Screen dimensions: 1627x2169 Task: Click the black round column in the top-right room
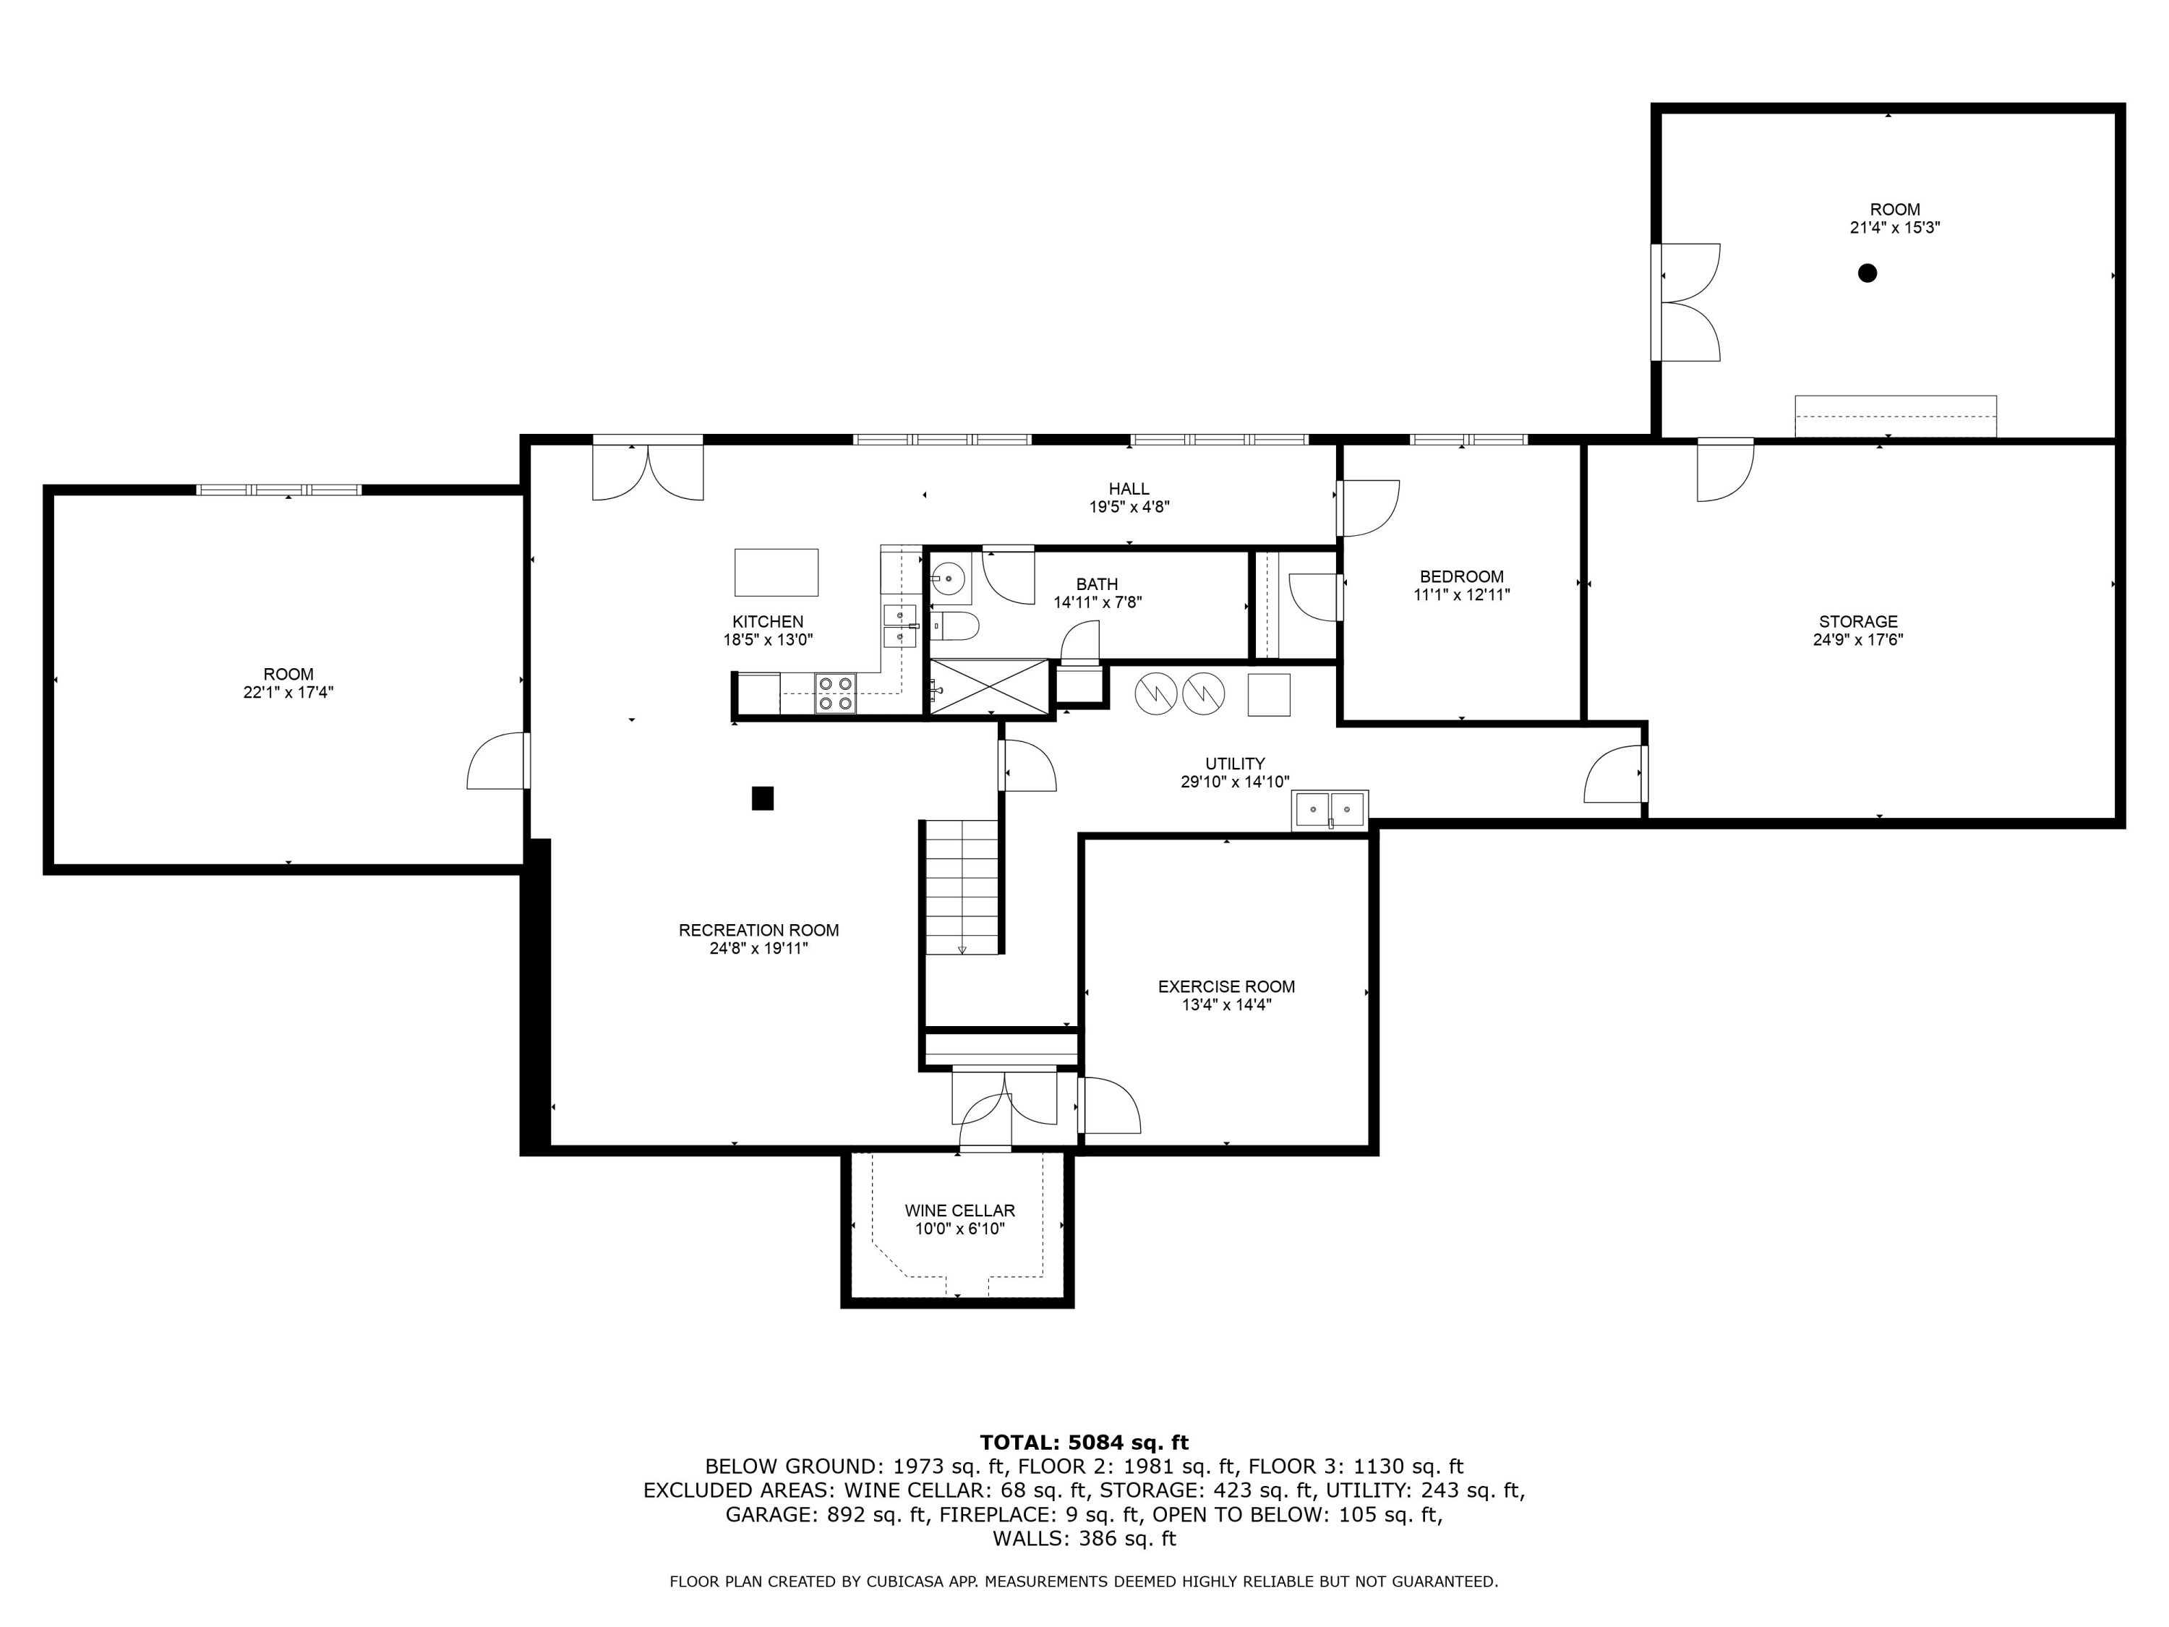coord(1867,273)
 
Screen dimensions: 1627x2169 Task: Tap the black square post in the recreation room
coord(762,798)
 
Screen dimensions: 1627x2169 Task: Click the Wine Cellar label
coord(959,1210)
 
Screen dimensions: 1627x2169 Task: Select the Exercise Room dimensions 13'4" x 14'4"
coord(1225,1004)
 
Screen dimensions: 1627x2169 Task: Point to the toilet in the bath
coord(954,625)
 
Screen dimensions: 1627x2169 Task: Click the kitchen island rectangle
coord(777,572)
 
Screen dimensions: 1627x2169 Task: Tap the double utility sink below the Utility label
coord(1330,810)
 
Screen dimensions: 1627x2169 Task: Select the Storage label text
coord(1857,620)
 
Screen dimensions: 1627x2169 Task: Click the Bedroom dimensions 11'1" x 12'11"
coord(1461,594)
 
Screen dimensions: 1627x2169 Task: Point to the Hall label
coord(1129,488)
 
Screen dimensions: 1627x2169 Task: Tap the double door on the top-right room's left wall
coord(1687,302)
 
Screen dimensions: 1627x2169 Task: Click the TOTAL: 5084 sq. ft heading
coord(1084,1442)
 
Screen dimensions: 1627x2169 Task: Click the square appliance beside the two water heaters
coord(1268,694)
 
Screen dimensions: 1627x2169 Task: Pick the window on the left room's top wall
coord(278,490)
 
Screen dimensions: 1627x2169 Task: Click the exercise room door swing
coord(1110,1105)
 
